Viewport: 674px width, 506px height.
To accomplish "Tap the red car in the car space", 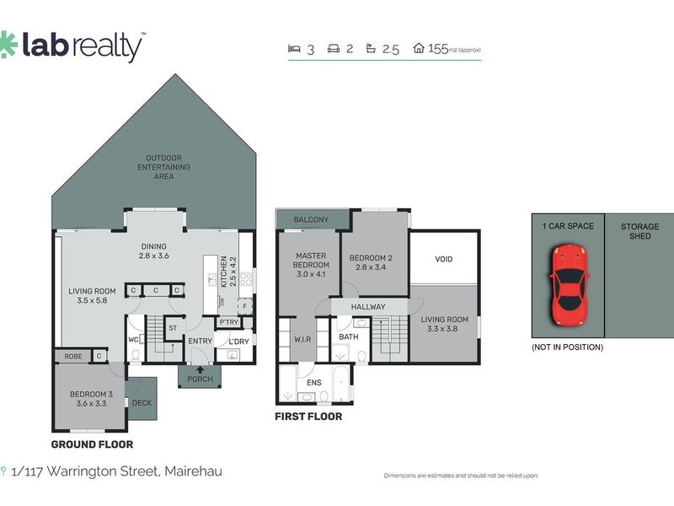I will (568, 285).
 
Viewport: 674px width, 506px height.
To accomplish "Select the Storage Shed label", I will (639, 231).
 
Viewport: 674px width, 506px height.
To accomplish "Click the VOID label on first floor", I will (444, 260).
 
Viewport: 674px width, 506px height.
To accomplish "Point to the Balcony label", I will (311, 220).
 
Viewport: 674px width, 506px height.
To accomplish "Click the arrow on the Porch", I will (200, 369).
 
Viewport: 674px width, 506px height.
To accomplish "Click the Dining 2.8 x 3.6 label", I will (154, 250).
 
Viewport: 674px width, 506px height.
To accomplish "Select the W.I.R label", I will (302, 341).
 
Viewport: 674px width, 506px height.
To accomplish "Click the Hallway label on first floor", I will (367, 307).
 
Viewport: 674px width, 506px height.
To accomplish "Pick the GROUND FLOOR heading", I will (92, 444).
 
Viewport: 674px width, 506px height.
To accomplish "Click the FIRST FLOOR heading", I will (308, 417).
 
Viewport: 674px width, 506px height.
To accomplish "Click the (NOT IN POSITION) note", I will (567, 347).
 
